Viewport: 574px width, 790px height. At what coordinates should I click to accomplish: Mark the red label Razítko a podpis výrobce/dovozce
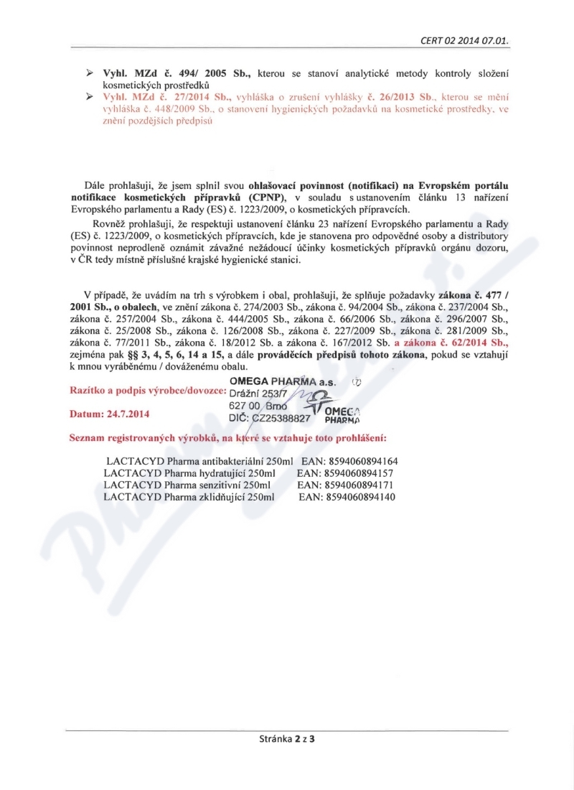[146, 391]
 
